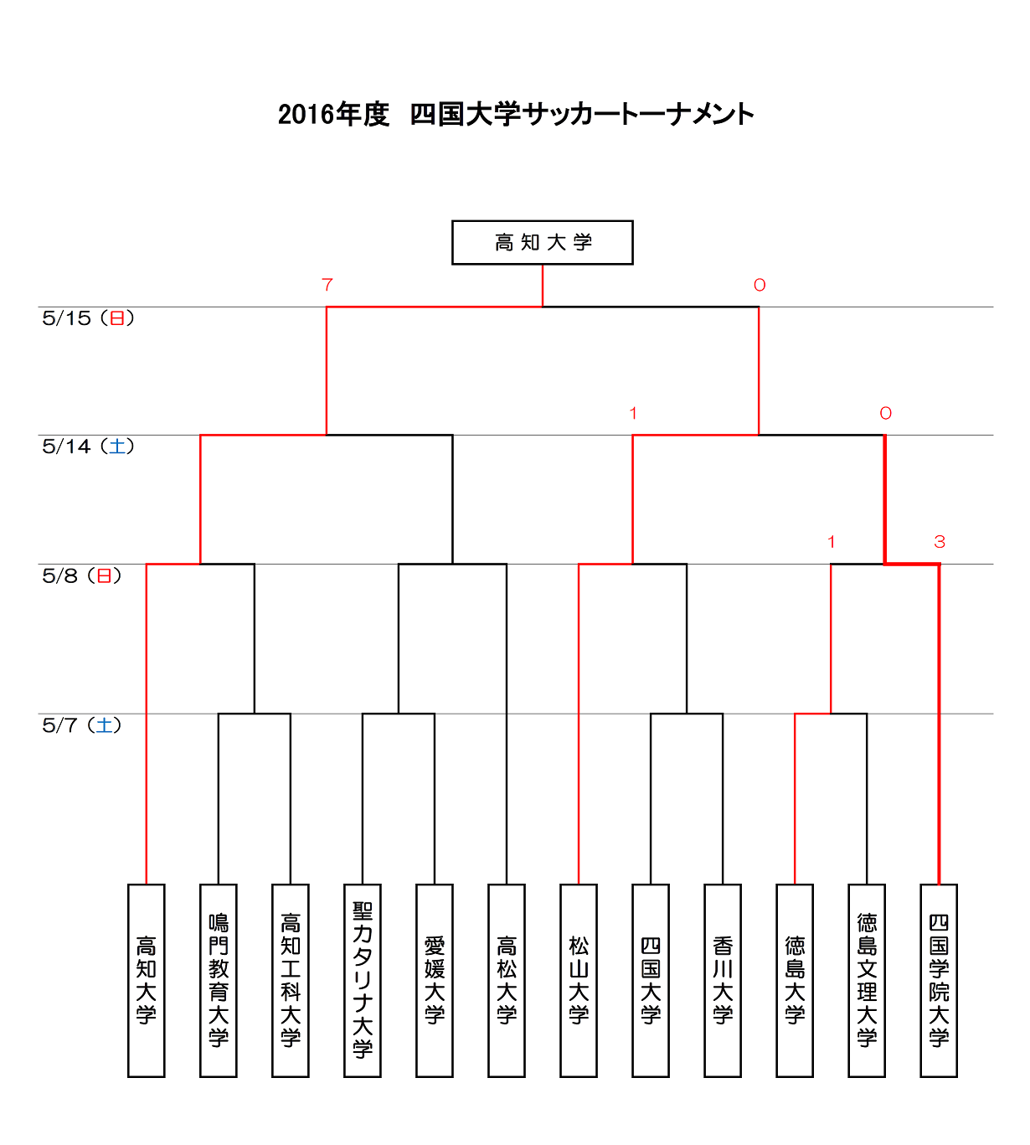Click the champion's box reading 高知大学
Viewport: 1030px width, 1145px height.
click(542, 243)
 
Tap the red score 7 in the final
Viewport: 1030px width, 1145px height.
click(327, 285)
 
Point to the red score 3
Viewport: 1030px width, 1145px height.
click(940, 542)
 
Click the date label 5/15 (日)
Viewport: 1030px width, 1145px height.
click(88, 318)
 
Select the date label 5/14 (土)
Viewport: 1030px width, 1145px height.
click(88, 446)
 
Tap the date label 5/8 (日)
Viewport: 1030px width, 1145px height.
click(81, 576)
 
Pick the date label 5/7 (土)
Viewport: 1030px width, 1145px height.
click(81, 725)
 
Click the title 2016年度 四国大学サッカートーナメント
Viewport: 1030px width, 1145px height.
click(516, 114)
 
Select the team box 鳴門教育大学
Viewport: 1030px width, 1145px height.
click(218, 981)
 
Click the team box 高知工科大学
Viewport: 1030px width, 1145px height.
click(291, 981)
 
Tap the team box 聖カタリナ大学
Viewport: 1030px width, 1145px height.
click(363, 981)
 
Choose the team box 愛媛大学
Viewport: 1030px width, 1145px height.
click(435, 981)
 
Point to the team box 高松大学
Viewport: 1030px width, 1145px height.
click(507, 981)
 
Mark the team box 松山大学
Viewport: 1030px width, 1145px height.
click(579, 981)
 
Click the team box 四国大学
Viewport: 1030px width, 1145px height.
click(651, 981)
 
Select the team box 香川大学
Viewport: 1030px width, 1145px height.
click(723, 981)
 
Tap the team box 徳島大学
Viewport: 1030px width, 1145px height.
click(795, 981)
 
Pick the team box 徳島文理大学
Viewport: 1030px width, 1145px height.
click(867, 981)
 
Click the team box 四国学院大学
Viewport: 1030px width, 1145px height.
click(939, 981)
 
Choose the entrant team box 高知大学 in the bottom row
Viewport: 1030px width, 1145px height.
click(146, 981)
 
